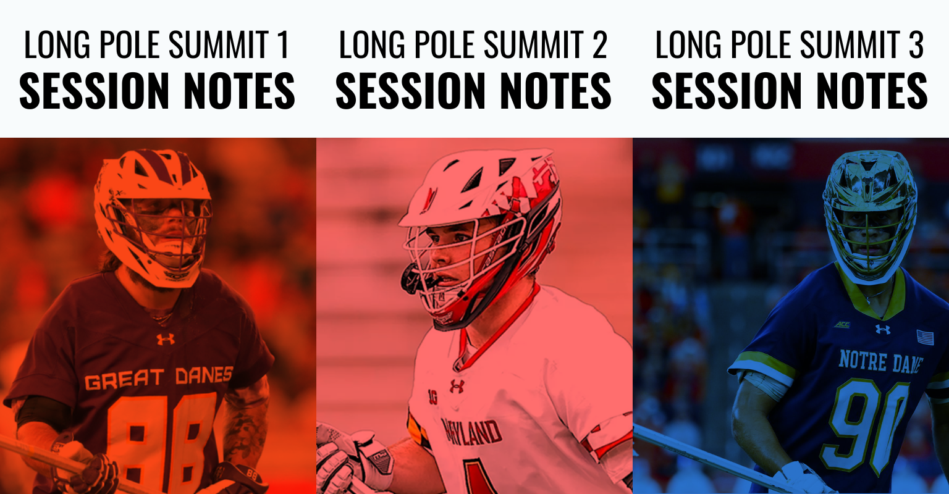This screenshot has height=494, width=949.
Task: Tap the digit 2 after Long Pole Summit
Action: (600, 44)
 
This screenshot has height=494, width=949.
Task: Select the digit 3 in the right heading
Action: (916, 44)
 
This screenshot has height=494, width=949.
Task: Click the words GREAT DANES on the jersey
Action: (159, 378)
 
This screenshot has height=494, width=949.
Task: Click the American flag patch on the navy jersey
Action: (926, 337)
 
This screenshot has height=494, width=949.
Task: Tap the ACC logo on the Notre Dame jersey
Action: (842, 325)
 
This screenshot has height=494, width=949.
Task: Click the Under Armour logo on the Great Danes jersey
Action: (165, 339)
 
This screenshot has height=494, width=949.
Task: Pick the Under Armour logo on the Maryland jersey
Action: (457, 386)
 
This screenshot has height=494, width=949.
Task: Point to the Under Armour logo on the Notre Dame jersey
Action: (882, 329)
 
